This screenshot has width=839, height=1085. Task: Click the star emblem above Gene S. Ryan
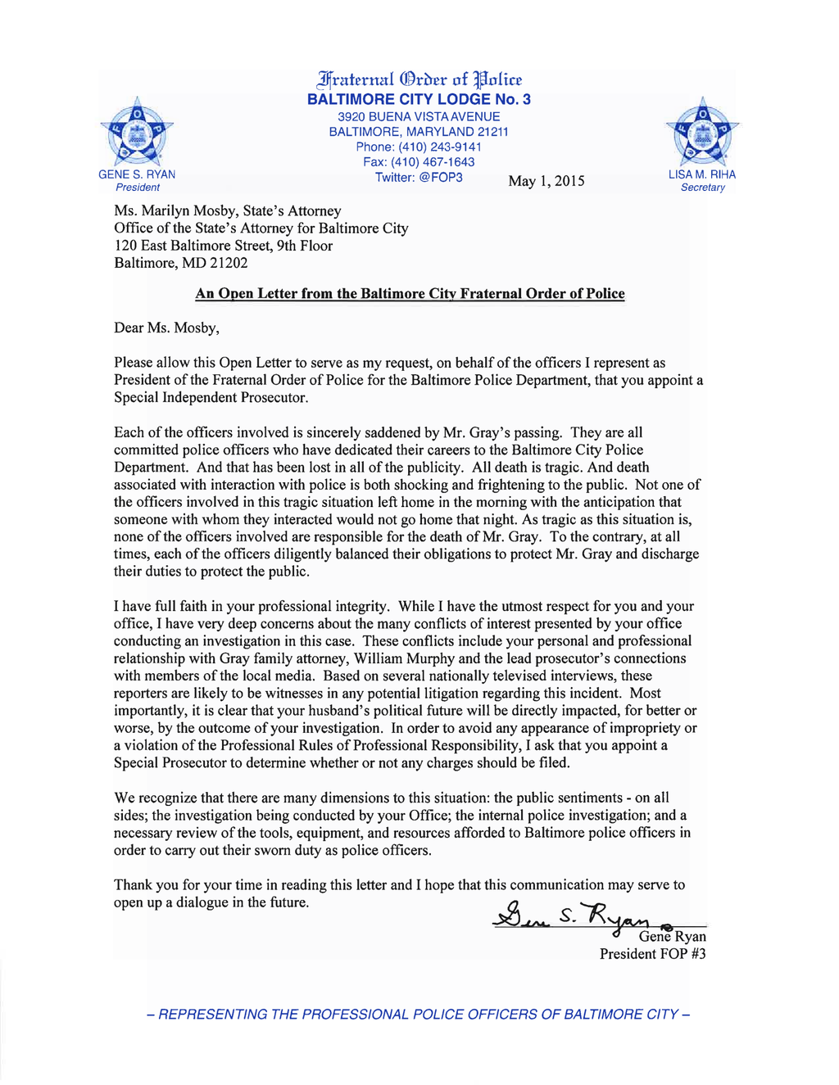(x=136, y=131)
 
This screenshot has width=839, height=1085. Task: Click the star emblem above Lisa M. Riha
(x=702, y=131)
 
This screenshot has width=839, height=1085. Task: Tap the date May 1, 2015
(x=546, y=181)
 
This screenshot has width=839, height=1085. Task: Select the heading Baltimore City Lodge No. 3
(x=419, y=99)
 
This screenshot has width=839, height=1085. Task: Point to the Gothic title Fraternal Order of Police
(x=419, y=79)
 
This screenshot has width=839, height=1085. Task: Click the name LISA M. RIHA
(x=702, y=174)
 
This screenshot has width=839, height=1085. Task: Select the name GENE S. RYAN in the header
(x=137, y=174)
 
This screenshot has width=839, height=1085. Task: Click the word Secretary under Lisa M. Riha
(x=703, y=188)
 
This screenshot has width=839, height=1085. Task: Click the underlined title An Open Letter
(x=410, y=294)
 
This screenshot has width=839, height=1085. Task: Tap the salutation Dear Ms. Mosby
(x=166, y=328)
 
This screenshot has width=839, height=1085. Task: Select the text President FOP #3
(x=652, y=954)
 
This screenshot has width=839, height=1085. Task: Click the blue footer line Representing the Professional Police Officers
(x=419, y=1015)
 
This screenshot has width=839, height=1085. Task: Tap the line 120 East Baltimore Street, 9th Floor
(x=223, y=246)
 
